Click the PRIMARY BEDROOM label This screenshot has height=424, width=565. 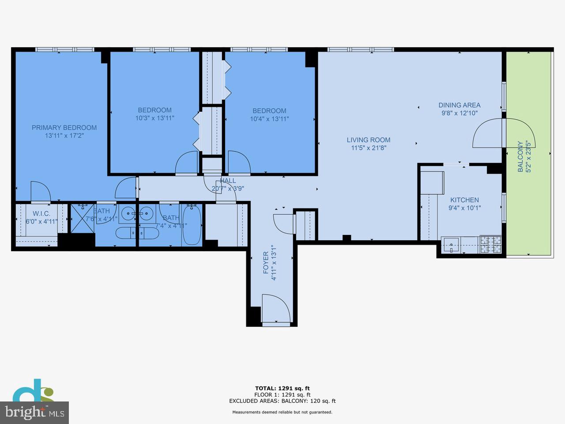pos(64,128)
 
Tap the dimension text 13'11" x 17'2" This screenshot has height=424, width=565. pos(64,136)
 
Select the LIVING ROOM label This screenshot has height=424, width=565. pos(369,140)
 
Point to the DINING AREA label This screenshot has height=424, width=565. pos(459,105)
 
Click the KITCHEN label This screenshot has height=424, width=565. pos(464,200)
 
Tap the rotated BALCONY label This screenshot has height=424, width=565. pos(520,156)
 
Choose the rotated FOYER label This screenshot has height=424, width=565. pos(266,263)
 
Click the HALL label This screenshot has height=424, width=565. pos(228,181)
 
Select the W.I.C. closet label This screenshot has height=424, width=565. pos(41,214)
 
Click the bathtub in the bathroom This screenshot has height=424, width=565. pos(192,225)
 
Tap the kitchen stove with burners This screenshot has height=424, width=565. pos(491,244)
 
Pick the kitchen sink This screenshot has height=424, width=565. pos(452,245)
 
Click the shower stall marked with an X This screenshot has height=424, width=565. pos(83,218)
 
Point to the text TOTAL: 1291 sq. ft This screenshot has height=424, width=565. pos(282,388)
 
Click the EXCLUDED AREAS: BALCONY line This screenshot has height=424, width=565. pos(282,401)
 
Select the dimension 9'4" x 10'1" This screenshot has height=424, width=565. pos(464,208)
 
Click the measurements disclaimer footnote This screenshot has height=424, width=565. pos(282,412)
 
